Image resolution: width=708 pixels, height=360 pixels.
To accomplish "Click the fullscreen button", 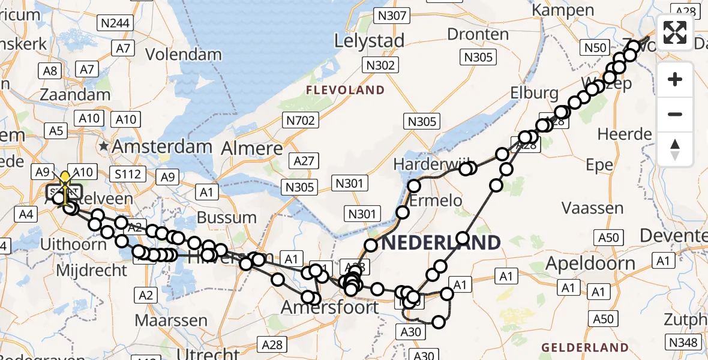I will click(675, 32).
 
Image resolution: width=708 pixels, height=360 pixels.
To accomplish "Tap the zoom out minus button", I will click(675, 114).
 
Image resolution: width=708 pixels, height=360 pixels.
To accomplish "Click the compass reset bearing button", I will click(675, 149).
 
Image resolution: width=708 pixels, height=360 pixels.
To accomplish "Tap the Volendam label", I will click(184, 54).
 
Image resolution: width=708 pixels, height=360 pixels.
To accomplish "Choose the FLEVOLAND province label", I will click(345, 90).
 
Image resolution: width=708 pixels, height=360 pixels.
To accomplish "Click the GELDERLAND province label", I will click(584, 347).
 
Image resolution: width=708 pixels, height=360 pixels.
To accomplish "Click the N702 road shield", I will click(301, 121).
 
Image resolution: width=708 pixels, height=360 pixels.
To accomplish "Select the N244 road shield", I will click(115, 23).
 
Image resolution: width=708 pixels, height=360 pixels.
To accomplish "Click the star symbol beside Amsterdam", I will click(105, 146).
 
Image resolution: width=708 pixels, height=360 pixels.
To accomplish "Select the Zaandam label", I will click(75, 94).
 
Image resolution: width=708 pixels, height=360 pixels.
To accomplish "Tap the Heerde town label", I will click(624, 133).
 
